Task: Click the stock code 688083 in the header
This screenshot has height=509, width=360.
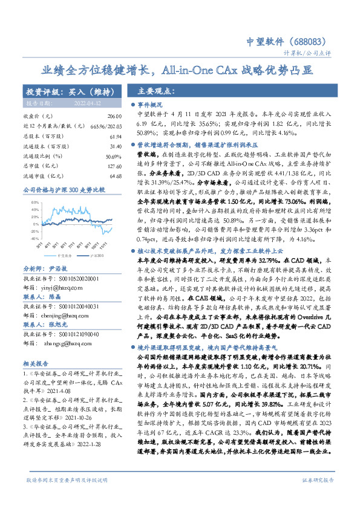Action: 312,41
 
